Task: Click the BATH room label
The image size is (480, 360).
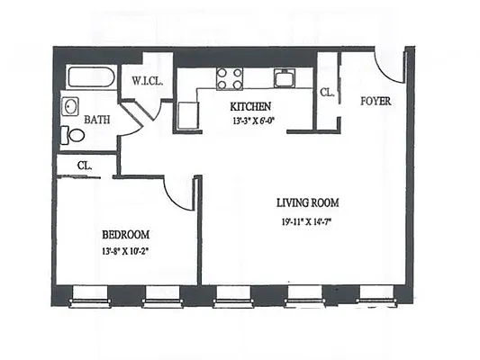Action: (97, 119)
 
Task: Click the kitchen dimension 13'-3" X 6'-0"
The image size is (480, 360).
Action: (251, 121)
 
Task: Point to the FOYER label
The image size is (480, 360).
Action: (376, 101)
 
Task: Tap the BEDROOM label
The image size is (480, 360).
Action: (125, 234)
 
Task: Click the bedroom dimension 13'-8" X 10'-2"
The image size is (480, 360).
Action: (125, 252)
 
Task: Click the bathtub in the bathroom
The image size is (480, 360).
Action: (89, 77)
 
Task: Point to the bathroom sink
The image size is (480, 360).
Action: (70, 108)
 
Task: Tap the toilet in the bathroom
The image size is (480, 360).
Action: (73, 136)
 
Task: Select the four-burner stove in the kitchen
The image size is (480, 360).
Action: (230, 78)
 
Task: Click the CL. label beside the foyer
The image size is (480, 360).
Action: (326, 92)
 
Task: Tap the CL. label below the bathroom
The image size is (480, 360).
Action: (85, 166)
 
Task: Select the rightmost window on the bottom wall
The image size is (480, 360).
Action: (377, 297)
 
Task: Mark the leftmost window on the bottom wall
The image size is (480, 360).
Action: (90, 297)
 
